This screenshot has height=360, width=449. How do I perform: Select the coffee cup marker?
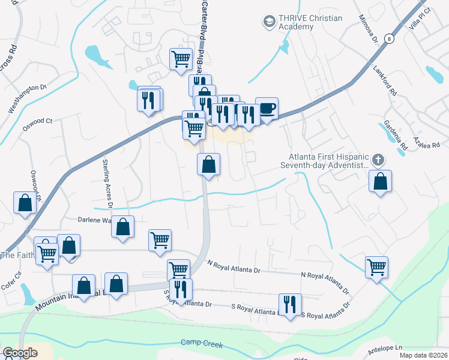(267, 109)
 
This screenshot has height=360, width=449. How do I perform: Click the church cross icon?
(378, 160)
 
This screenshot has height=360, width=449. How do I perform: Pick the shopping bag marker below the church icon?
(380, 181)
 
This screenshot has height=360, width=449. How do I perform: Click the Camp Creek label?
(202, 344)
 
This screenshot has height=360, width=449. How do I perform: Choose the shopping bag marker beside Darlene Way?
(122, 228)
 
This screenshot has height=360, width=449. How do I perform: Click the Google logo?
(20, 353)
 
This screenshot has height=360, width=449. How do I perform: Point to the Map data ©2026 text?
(423, 355)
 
